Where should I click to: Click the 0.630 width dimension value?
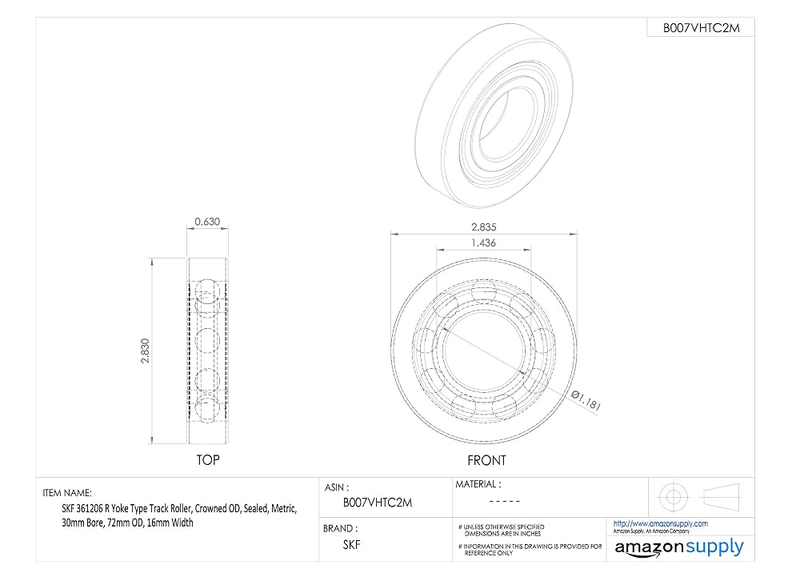[207, 222]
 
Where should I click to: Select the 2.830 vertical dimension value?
[145, 351]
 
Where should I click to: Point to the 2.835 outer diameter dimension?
[484, 227]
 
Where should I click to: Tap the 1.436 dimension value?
[483, 243]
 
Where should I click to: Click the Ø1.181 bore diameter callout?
[586, 401]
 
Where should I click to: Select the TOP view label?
[208, 460]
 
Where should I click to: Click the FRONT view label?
[486, 460]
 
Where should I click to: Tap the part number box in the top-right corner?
[701, 27]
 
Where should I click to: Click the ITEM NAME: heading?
[67, 493]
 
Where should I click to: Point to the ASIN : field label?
[337, 487]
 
